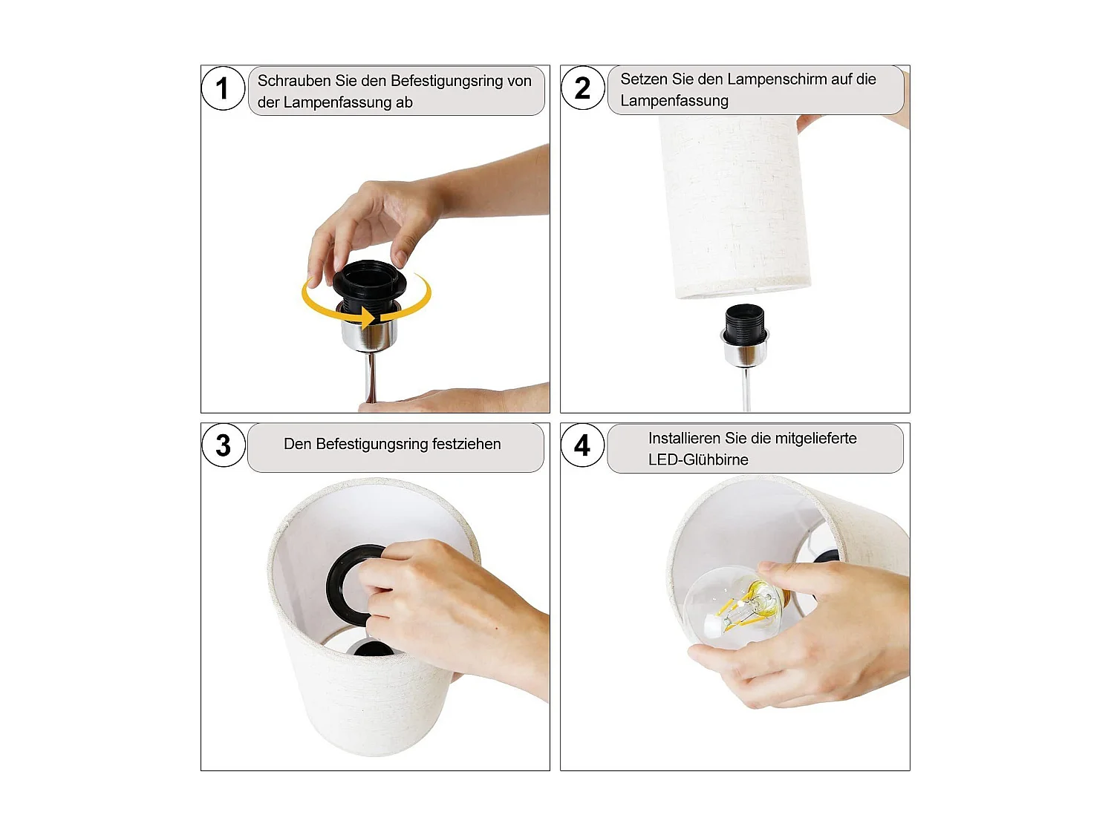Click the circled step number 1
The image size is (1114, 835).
[x=223, y=88]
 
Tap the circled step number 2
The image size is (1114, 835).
[x=583, y=88]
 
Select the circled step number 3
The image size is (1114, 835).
[x=223, y=445]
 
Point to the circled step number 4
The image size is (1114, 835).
[x=583, y=445]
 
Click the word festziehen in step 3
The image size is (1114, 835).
[x=466, y=444]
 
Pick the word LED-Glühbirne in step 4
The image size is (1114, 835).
[x=698, y=459]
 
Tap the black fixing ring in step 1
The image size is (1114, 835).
[x=369, y=282]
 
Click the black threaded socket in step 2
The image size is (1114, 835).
[x=745, y=321]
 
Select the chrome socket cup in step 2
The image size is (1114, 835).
[x=745, y=352]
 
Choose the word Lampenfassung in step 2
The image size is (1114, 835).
[x=674, y=101]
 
